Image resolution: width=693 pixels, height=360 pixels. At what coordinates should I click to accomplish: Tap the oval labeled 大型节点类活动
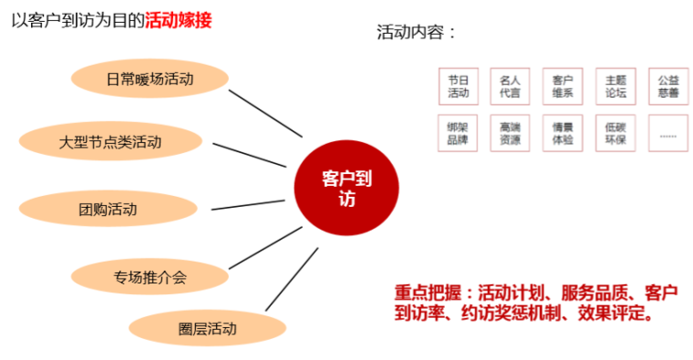click(109, 142)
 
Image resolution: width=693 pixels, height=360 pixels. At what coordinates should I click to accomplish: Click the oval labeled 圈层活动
click(194, 328)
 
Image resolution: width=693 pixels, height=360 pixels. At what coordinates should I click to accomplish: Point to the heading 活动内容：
click(416, 33)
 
